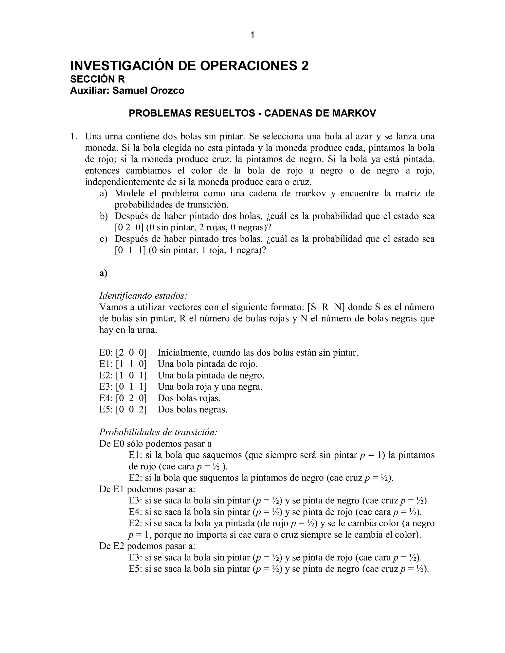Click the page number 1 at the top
pos(252,35)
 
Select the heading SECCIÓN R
pos(97,79)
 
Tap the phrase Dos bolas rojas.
pos(189,398)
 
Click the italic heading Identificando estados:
pos(143,296)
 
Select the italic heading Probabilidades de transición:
pos(158,432)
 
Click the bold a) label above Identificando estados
pos(103,273)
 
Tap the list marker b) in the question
pos(104,216)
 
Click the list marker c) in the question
pos(104,239)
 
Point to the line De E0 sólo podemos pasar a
pos(155,444)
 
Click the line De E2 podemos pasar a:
pos(147,546)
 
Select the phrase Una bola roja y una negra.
pos(210,387)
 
